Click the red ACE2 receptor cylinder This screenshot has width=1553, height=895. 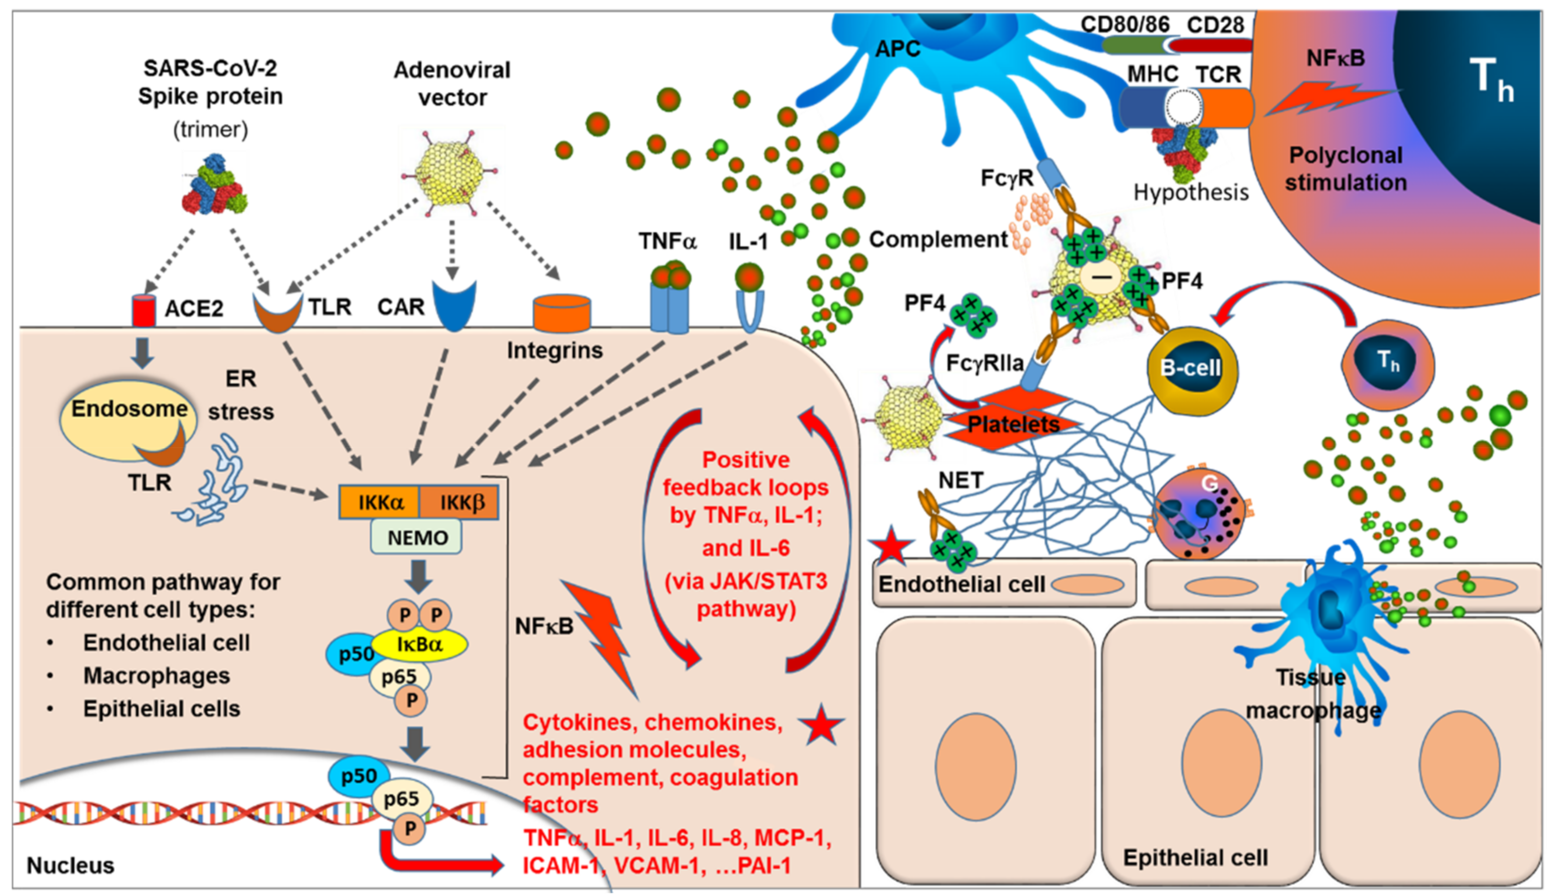pyautogui.click(x=144, y=310)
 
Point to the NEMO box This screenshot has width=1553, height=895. pyautogui.click(x=417, y=537)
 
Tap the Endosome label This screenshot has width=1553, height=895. pyautogui.click(x=130, y=409)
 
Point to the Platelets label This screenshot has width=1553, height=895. pyautogui.click(x=1014, y=424)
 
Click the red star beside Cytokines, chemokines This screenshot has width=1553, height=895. pyautogui.click(x=821, y=724)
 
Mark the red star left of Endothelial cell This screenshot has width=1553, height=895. pyautogui.click(x=892, y=545)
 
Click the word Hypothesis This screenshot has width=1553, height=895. pyautogui.click(x=1191, y=192)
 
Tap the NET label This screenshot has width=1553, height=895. pyautogui.click(x=960, y=480)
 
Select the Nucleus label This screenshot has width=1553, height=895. pyautogui.click(x=71, y=865)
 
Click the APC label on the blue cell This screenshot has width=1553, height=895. pyautogui.click(x=897, y=49)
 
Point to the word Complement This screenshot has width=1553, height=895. pyautogui.click(x=938, y=240)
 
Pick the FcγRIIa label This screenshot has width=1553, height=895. pyautogui.click(x=984, y=363)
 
